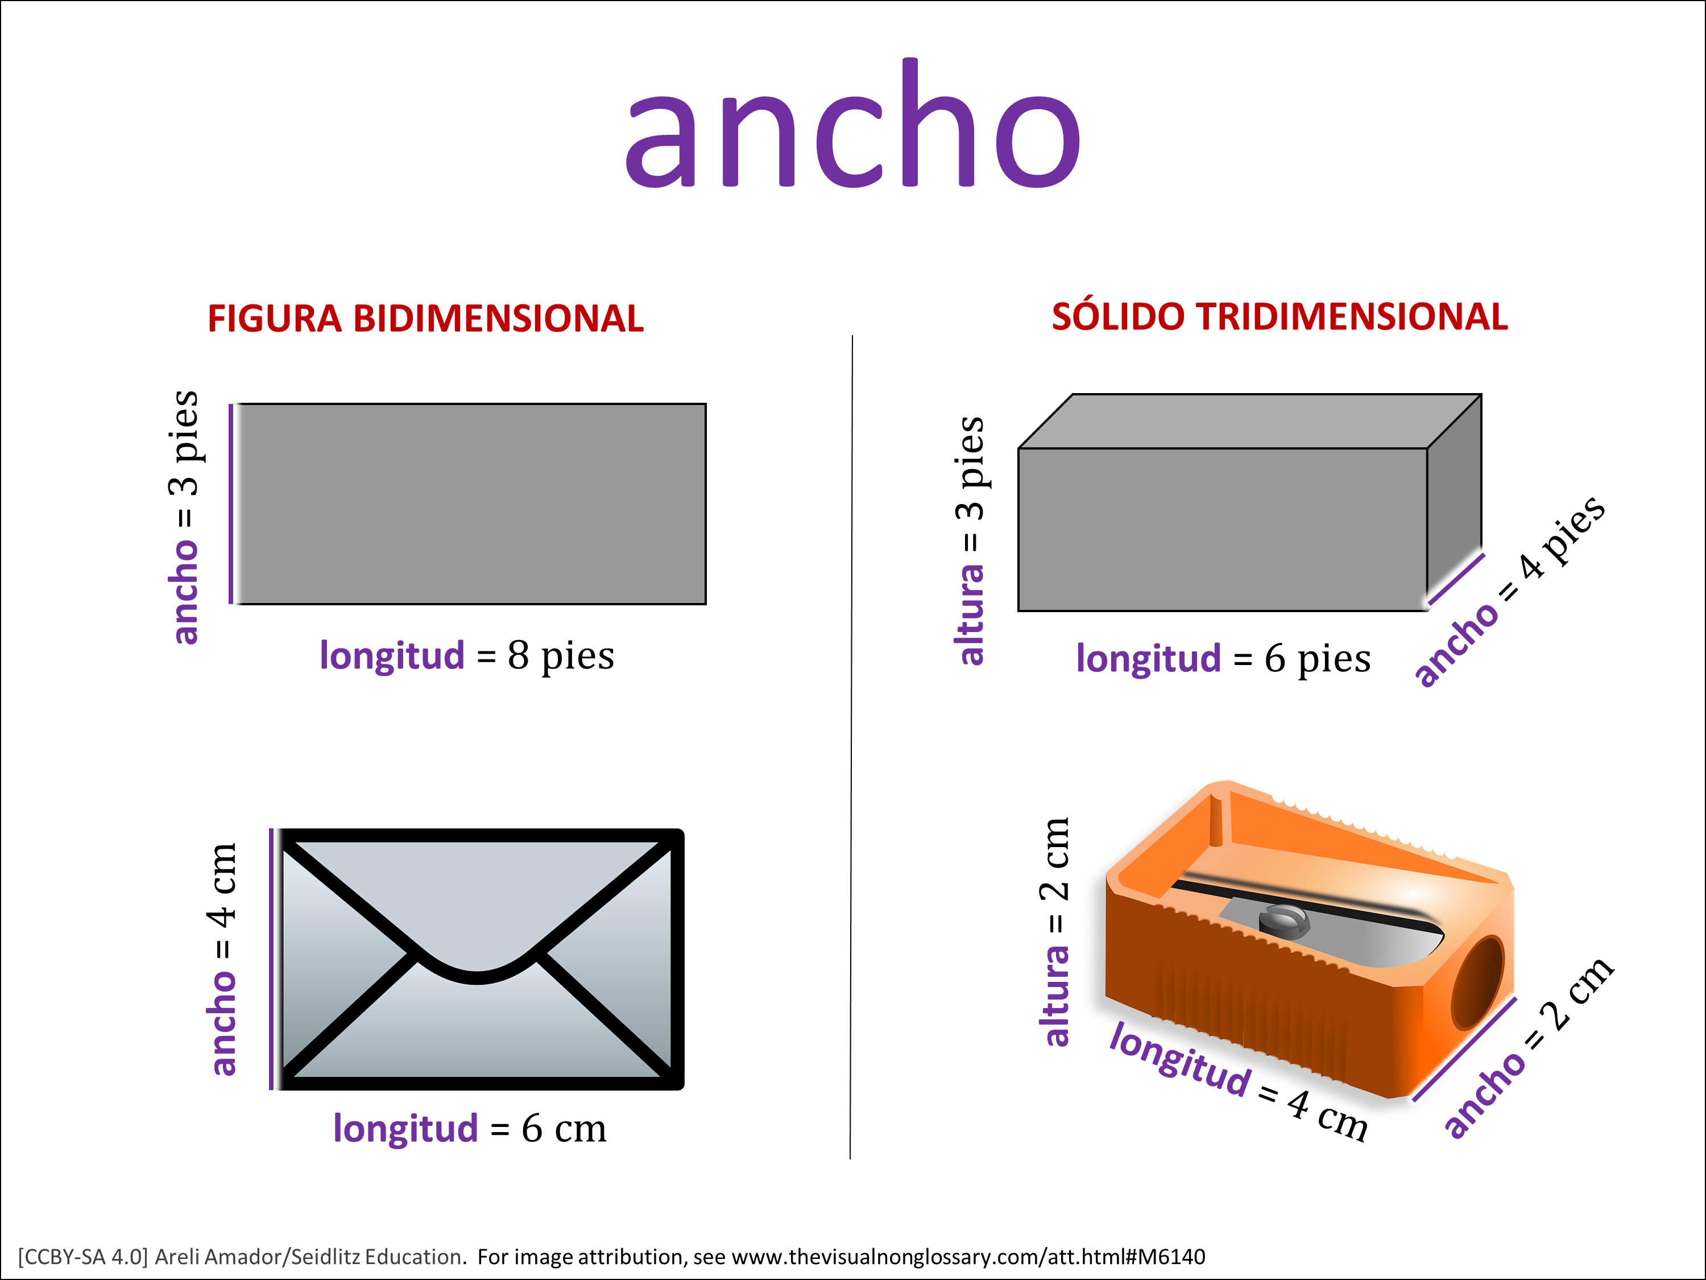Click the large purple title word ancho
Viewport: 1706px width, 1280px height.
[x=853, y=123]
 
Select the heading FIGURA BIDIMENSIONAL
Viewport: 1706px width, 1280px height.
[x=426, y=319]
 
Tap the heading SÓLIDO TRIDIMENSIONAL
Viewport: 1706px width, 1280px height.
[x=1279, y=316]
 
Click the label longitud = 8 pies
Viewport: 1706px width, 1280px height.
[x=467, y=656]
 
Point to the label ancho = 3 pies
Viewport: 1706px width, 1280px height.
[x=185, y=517]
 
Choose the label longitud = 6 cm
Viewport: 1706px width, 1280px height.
[x=470, y=1129]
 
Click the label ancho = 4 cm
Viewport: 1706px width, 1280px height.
[x=222, y=959]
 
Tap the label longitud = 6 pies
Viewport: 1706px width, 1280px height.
[x=1223, y=658]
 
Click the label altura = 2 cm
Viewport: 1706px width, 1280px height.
[x=1055, y=931]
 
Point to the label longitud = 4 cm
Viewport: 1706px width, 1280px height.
[x=1239, y=1081]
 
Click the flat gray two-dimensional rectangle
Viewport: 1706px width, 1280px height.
[x=470, y=504]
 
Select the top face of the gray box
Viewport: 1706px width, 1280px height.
[x=1250, y=422]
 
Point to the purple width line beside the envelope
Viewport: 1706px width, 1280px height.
[x=271, y=959]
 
